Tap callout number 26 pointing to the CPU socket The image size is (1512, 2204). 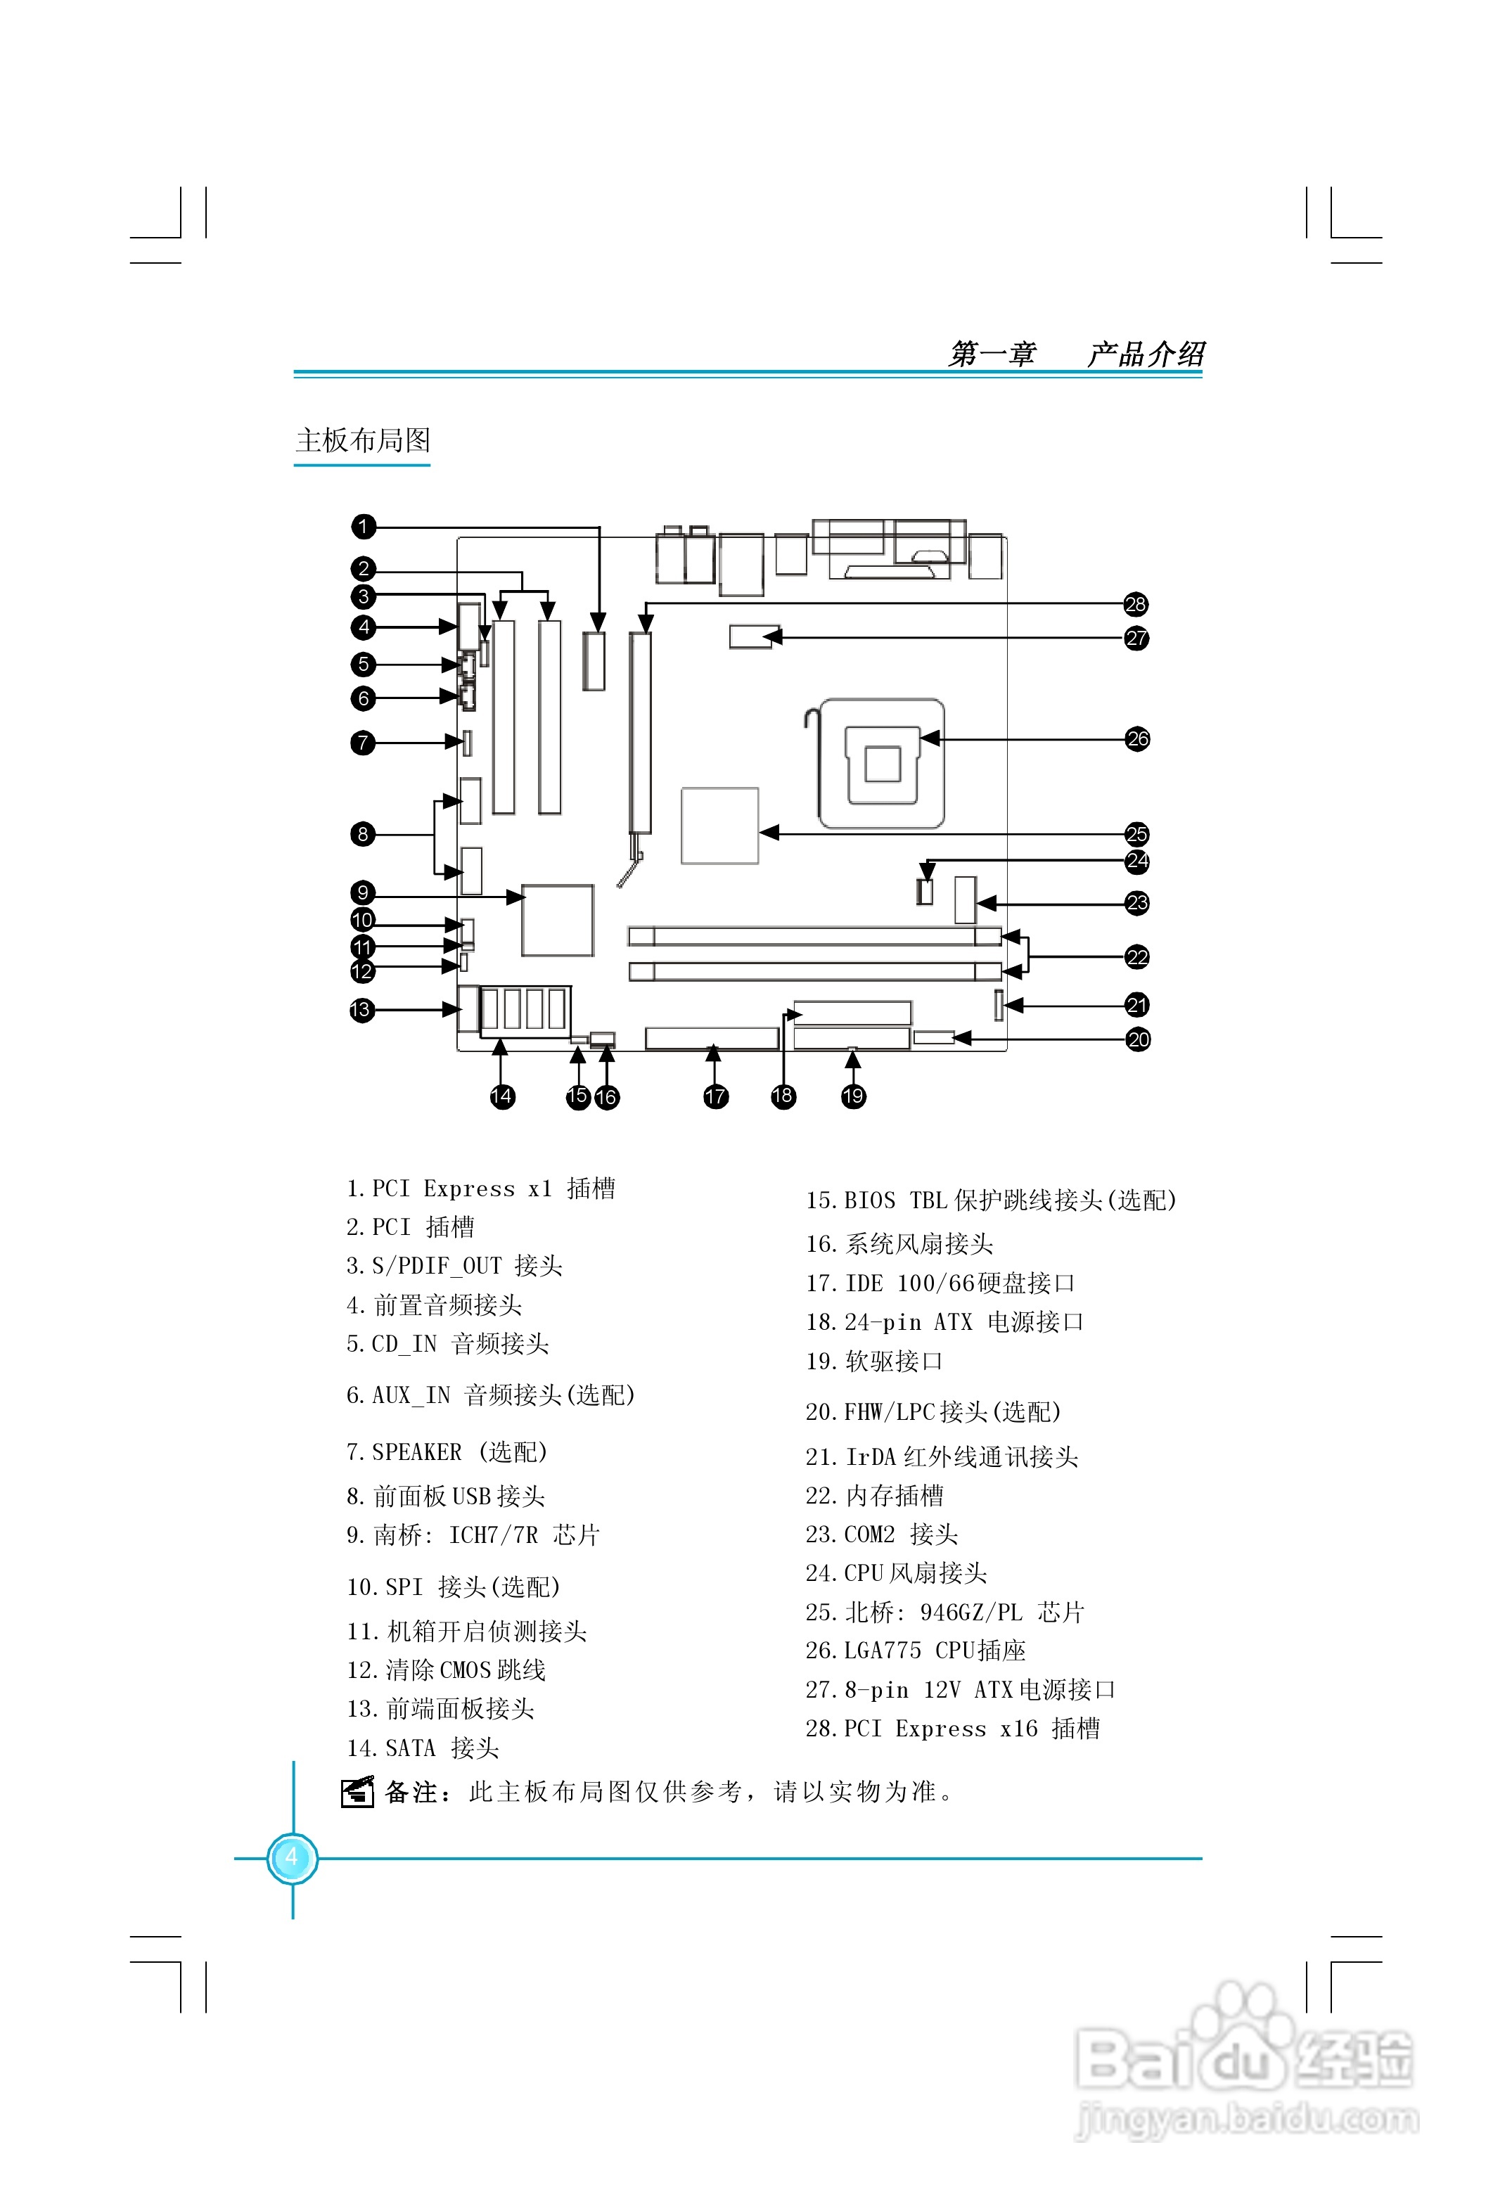1137,739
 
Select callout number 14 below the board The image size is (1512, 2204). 502,1097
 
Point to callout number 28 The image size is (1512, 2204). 1136,604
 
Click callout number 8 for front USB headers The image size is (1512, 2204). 362,835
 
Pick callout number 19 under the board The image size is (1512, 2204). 854,1096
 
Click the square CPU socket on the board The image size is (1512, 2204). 882,764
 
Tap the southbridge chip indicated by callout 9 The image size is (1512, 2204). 558,920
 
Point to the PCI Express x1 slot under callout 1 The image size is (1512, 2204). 594,660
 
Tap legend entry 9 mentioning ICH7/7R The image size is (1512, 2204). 473,1535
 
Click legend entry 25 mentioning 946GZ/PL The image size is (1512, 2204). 944,1613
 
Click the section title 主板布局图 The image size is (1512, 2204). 364,440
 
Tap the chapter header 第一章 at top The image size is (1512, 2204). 992,354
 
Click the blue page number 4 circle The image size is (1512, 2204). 292,1858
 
